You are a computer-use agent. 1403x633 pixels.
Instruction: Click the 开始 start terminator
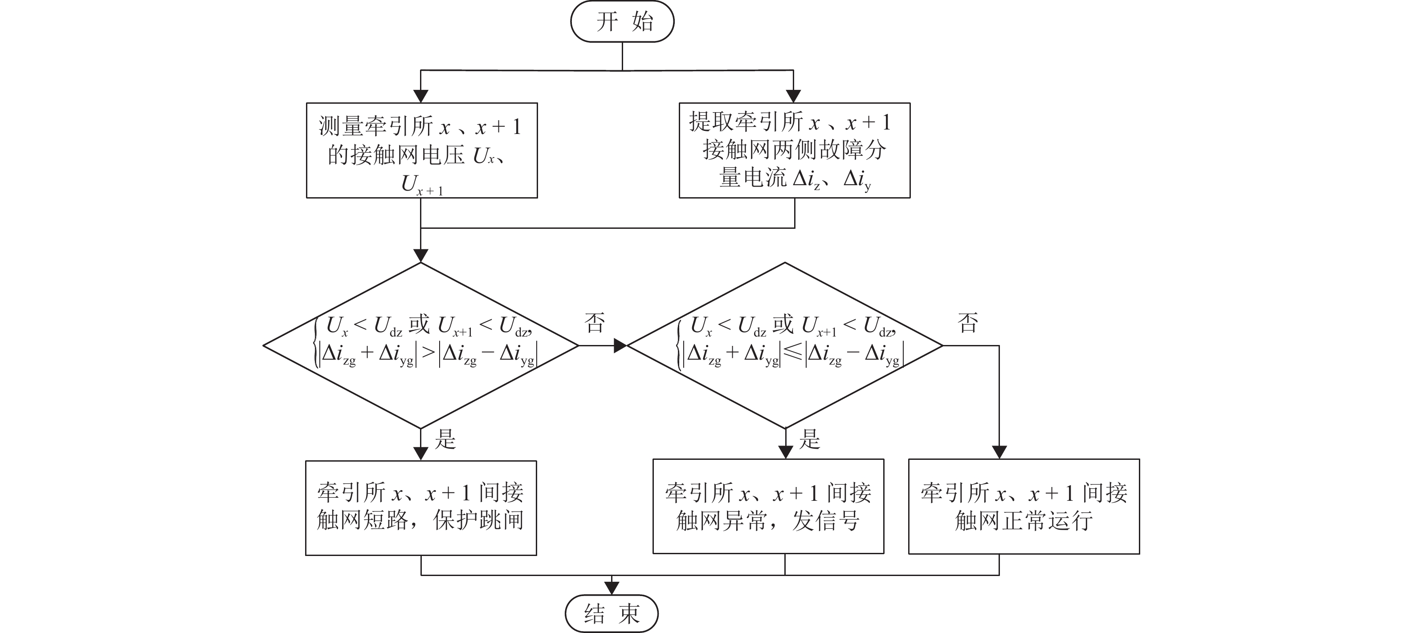click(x=622, y=22)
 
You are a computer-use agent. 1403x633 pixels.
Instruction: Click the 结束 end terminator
click(x=611, y=613)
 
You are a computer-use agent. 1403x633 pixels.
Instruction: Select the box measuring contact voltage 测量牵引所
click(x=421, y=150)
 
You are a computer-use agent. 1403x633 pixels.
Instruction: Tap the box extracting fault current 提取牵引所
click(x=794, y=150)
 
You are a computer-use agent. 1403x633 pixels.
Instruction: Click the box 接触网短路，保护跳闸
click(x=420, y=507)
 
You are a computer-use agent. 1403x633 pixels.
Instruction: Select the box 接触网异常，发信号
click(x=768, y=506)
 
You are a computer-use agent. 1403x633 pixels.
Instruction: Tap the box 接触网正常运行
click(x=1024, y=506)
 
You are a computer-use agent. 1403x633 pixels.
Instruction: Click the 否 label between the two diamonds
click(x=595, y=322)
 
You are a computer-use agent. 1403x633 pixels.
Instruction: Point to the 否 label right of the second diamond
click(x=968, y=322)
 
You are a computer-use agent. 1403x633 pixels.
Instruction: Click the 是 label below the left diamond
click(x=445, y=438)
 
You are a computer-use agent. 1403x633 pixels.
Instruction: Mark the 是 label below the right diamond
click(x=809, y=438)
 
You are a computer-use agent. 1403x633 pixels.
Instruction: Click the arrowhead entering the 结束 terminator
click(x=612, y=588)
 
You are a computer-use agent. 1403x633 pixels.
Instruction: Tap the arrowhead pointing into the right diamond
click(x=620, y=345)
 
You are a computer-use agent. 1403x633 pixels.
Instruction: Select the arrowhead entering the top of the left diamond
click(x=421, y=255)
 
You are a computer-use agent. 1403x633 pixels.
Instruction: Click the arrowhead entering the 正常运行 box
click(x=999, y=452)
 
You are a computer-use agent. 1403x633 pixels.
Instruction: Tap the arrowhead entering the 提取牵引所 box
click(x=794, y=96)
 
